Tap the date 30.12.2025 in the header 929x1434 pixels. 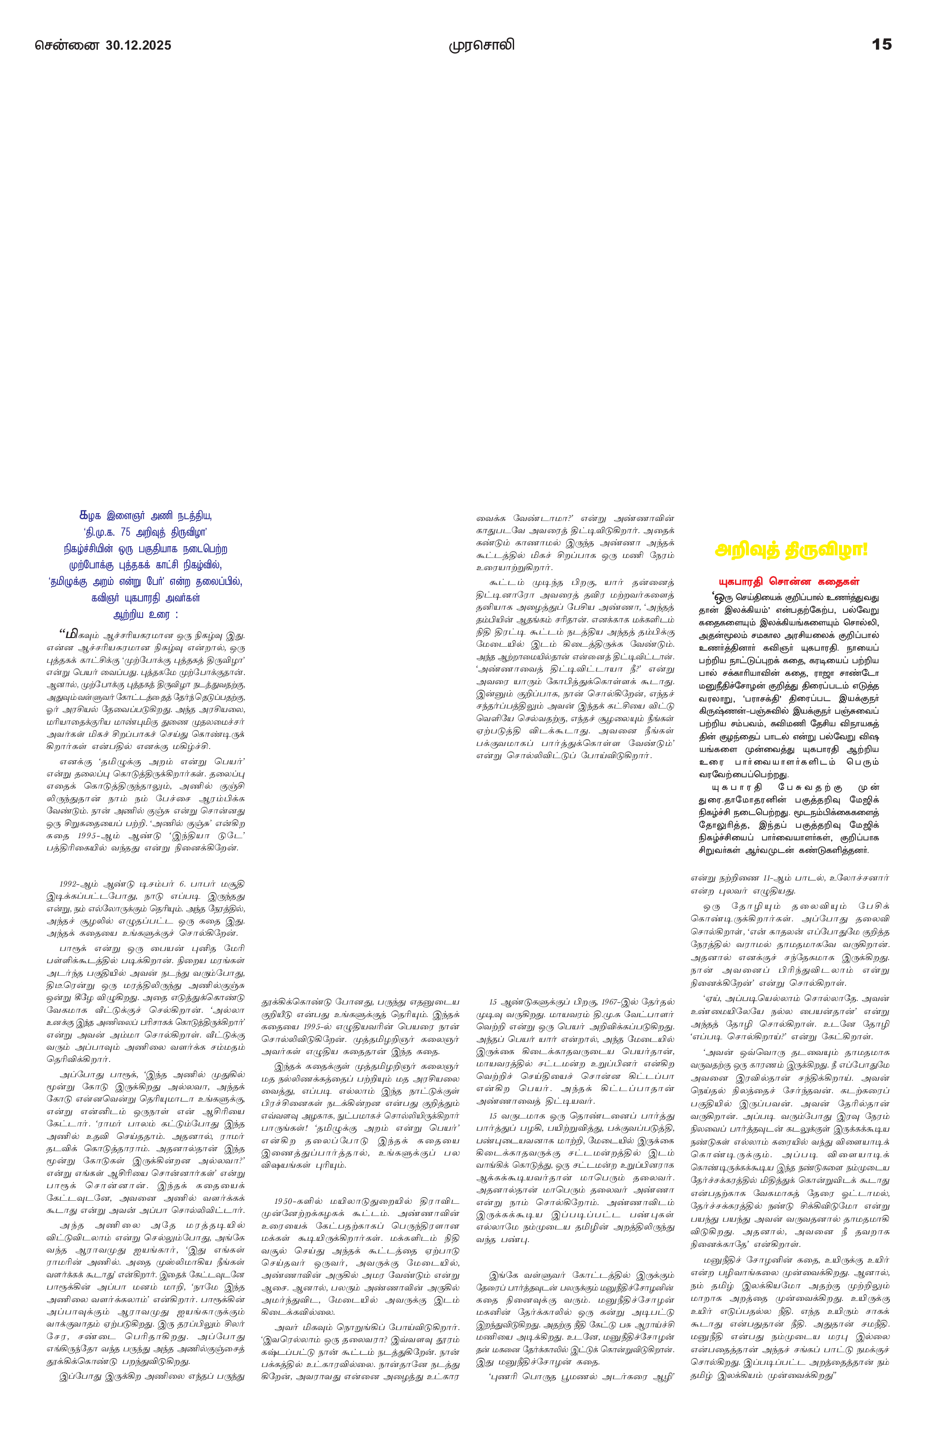(138, 46)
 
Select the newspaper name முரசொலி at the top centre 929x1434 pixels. (481, 45)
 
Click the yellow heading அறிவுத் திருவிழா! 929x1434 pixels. (791, 550)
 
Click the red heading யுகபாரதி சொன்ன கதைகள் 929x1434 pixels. (789, 581)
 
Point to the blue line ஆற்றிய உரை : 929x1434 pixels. (146, 615)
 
